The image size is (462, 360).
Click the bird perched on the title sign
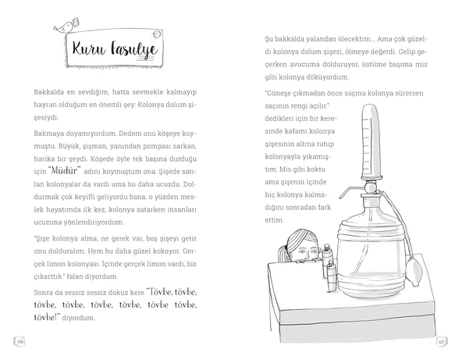coord(66,26)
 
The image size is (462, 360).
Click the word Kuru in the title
coord(89,48)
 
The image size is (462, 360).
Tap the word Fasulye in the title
coord(134,49)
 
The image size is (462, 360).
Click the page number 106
coord(20,342)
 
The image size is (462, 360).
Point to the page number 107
coord(441,342)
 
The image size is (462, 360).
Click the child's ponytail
coord(283,255)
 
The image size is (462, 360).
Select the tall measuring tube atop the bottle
coord(371,142)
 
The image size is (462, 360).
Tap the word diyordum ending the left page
coord(78,318)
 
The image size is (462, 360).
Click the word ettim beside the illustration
coord(274,220)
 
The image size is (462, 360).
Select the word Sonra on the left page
coord(43,293)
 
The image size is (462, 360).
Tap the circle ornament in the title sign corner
coord(157,34)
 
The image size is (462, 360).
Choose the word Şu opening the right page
coord(268,39)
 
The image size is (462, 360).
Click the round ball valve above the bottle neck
coord(370,187)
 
